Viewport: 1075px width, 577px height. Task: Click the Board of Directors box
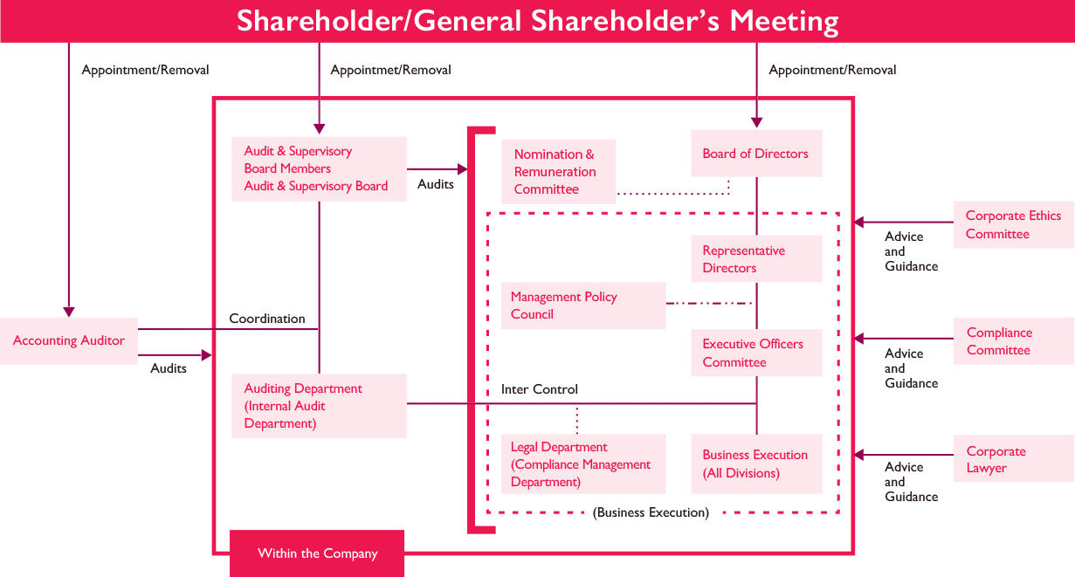(756, 154)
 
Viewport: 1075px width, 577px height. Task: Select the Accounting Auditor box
(69, 340)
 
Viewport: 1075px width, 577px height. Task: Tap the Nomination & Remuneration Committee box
(558, 172)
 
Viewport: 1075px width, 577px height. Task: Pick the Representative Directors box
(756, 259)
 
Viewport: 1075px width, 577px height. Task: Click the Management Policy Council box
(583, 306)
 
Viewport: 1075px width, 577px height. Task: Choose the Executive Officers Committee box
(756, 353)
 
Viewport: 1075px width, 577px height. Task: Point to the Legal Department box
(583, 464)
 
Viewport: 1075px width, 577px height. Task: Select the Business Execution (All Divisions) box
(756, 464)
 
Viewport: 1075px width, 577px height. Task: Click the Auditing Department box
(319, 406)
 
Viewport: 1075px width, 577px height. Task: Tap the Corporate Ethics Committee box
(1014, 224)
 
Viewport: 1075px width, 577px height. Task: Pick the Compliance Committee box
(1014, 341)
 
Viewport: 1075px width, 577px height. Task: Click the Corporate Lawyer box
(1014, 458)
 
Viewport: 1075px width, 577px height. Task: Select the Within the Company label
(317, 553)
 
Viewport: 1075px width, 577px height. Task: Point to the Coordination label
(267, 319)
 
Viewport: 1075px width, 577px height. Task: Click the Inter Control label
(540, 389)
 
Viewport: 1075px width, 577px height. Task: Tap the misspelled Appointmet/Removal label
(390, 70)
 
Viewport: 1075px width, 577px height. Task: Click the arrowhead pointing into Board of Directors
(757, 122)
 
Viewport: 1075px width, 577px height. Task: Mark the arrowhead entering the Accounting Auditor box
(69, 312)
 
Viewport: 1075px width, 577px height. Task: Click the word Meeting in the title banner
(784, 21)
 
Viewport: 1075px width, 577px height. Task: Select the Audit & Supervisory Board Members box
(319, 168)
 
